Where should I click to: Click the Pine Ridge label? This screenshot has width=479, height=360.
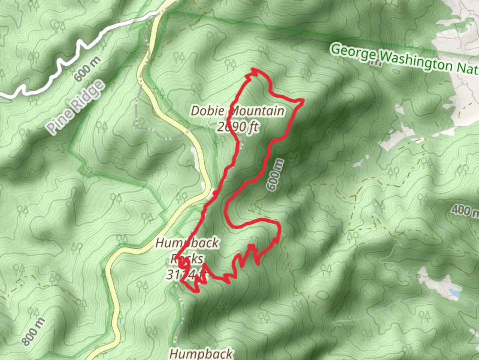pos(75,107)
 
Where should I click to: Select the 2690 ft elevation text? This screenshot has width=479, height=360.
pos(238,127)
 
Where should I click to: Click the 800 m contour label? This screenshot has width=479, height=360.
pos(33,332)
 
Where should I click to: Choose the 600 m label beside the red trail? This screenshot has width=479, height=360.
pos(275,175)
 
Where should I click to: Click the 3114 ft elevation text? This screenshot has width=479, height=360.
pos(186,275)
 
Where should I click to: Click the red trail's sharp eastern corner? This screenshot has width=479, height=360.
pos(303,100)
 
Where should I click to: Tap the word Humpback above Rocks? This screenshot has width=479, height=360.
pos(187,243)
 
